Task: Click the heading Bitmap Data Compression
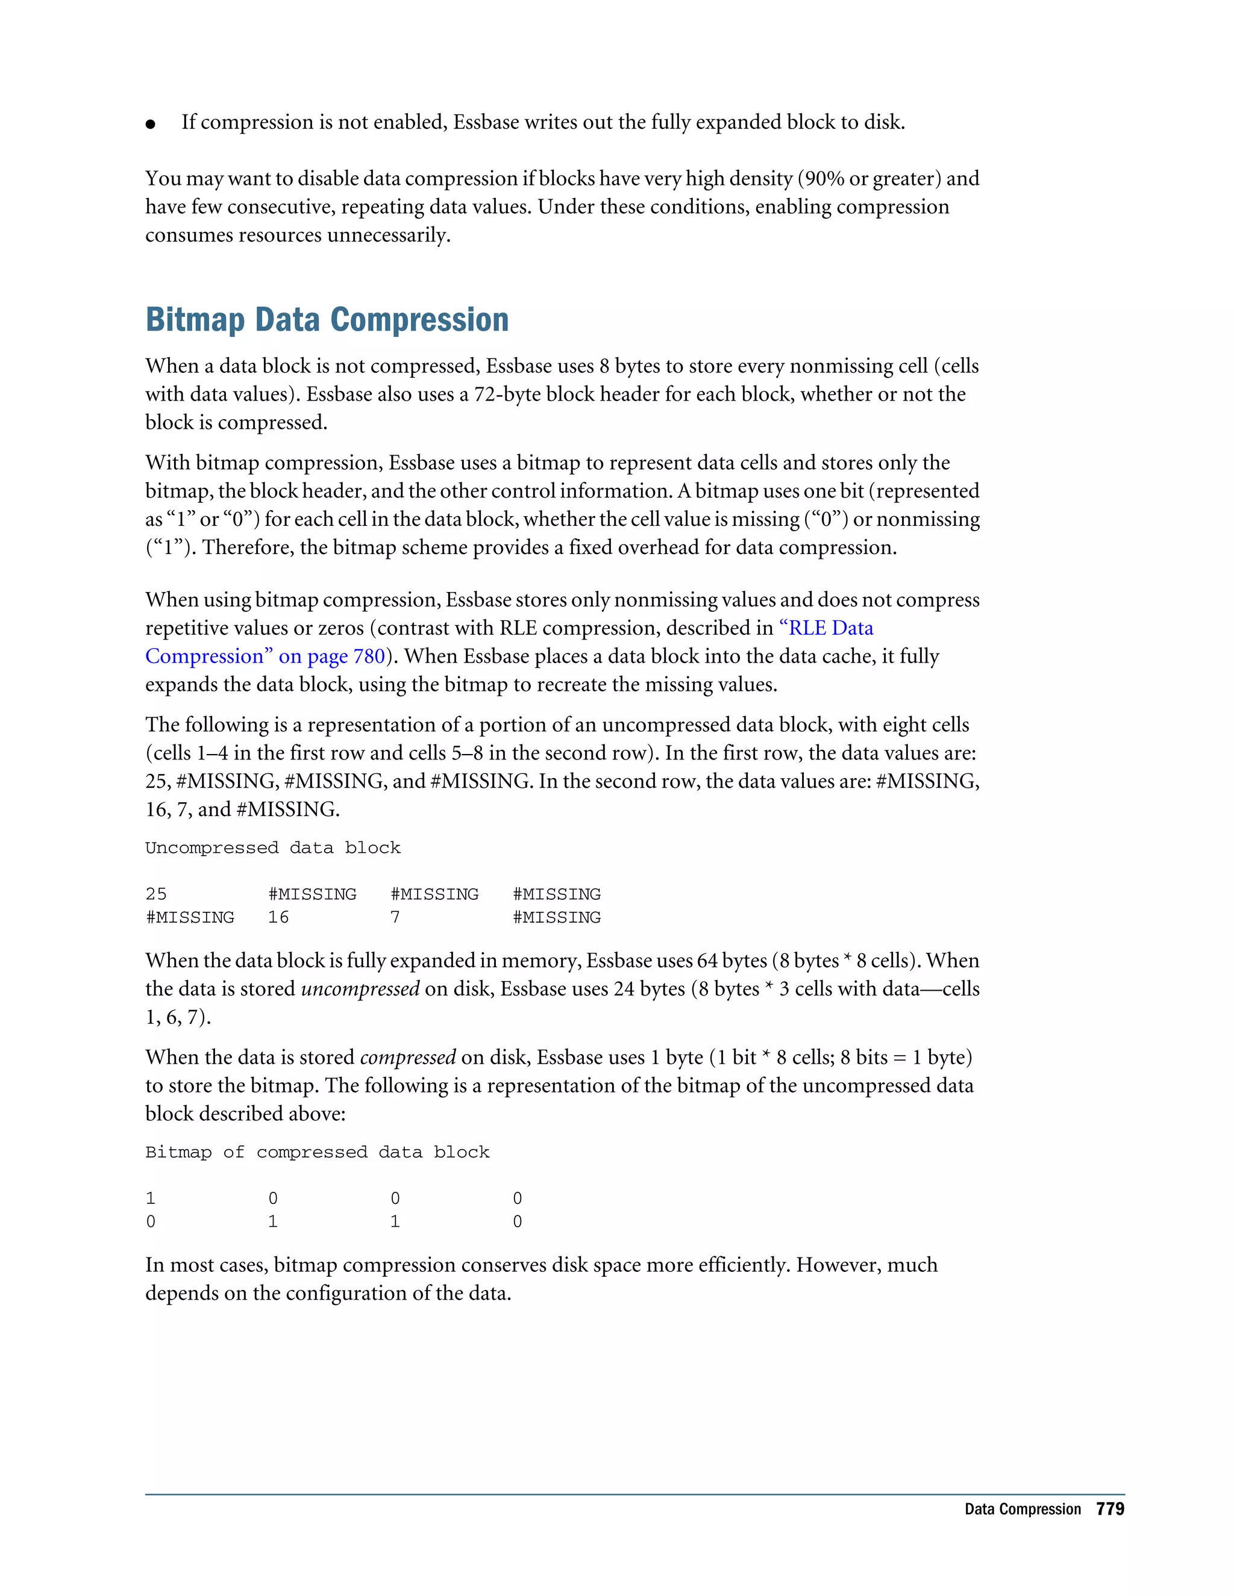[x=327, y=320]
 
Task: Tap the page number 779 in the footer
[x=1110, y=1509]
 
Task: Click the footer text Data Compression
[x=1022, y=1510]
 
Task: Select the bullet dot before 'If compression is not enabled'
[x=151, y=124]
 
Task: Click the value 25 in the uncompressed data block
[x=155, y=894]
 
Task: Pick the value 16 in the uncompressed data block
[x=278, y=917]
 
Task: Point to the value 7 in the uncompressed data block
[x=395, y=917]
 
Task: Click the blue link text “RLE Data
[x=826, y=628]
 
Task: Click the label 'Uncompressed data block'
[x=273, y=848]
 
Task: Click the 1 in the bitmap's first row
[x=151, y=1199]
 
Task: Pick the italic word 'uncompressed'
[x=360, y=989]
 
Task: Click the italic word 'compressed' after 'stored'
[x=408, y=1058]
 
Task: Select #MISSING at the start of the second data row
[x=190, y=917]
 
